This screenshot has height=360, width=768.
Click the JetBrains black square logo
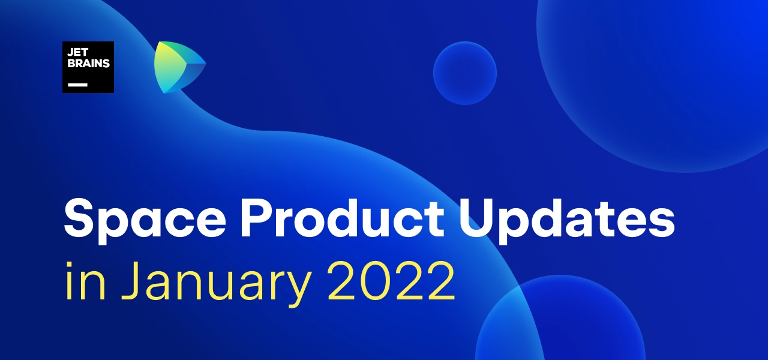click(x=88, y=67)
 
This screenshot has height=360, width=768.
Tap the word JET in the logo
click(x=78, y=52)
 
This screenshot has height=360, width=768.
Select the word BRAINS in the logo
click(x=88, y=64)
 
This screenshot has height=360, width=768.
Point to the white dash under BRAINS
click(x=77, y=85)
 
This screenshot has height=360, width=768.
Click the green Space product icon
click(x=179, y=67)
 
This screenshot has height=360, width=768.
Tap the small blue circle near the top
click(x=465, y=73)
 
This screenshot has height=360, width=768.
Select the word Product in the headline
click(x=343, y=218)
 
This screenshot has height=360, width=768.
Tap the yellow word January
click(x=217, y=284)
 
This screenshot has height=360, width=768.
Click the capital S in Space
click(x=79, y=218)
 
